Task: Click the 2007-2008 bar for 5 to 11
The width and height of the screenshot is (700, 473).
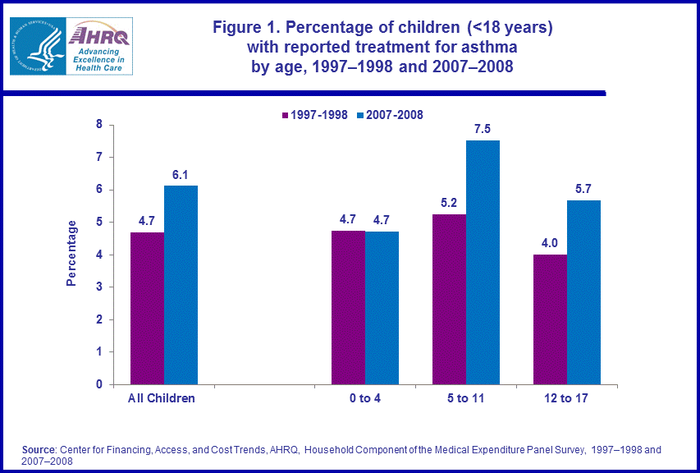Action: (x=483, y=263)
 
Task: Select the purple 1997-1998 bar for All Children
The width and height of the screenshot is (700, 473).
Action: (x=147, y=308)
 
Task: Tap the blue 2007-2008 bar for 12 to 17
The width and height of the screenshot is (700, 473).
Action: (x=583, y=292)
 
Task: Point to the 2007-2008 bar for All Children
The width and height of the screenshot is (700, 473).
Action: (x=181, y=285)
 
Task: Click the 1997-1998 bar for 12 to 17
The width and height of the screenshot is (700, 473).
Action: (x=550, y=319)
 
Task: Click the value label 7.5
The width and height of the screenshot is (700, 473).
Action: (x=483, y=129)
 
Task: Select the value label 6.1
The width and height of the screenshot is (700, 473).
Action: (x=181, y=174)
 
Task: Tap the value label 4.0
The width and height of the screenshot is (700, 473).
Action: (x=550, y=243)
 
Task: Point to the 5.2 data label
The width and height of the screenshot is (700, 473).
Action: (x=449, y=203)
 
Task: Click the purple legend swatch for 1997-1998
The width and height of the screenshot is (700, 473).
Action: (x=284, y=115)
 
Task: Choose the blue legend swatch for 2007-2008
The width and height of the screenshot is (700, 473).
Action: (x=360, y=115)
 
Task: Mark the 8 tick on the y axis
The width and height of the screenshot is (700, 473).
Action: (x=99, y=125)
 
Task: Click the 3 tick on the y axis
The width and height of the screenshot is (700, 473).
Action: (x=99, y=287)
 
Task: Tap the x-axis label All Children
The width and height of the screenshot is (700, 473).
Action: (x=162, y=398)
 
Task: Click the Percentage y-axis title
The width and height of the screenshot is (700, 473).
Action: (x=71, y=253)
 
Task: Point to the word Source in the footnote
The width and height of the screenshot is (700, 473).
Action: (x=39, y=450)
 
